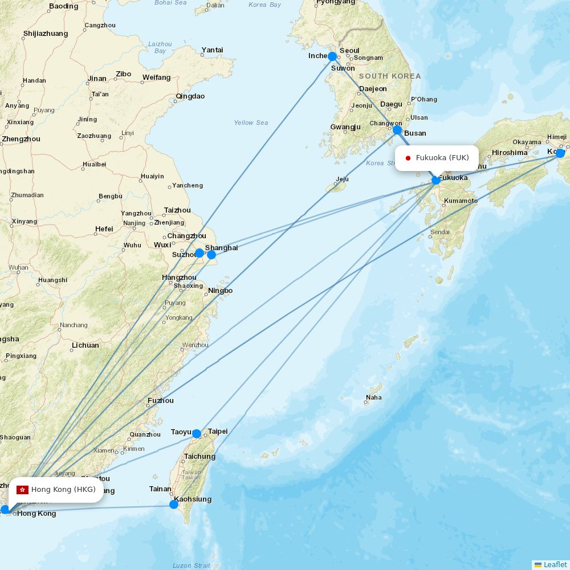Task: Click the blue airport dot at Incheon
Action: click(332, 56)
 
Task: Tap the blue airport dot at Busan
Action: click(397, 130)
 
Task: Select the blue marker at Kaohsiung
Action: click(174, 504)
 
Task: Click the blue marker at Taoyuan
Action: click(197, 434)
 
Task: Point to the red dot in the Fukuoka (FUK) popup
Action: click(408, 158)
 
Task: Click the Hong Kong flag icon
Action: click(23, 490)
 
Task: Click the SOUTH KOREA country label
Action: click(390, 76)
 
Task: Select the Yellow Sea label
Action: click(251, 123)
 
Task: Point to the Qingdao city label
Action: click(190, 96)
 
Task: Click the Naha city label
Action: click(374, 397)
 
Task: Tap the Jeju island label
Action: click(342, 180)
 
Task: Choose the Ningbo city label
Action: click(221, 291)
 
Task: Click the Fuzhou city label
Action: click(161, 401)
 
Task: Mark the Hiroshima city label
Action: click(510, 153)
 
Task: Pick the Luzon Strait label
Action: click(191, 565)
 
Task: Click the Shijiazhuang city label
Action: click(46, 34)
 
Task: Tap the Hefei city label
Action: click(104, 229)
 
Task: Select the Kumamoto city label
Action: click(461, 201)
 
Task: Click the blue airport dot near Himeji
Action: click(560, 153)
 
